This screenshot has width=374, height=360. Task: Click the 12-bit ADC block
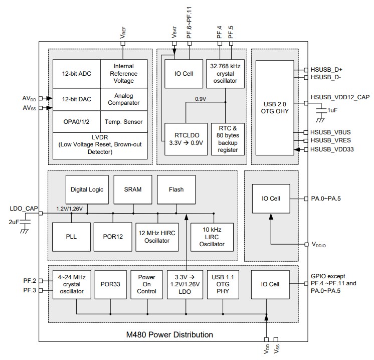[x=76, y=74]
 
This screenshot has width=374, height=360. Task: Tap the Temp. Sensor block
[x=124, y=122]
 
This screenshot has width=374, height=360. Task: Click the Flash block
[x=176, y=190]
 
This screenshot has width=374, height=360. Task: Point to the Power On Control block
[x=146, y=284]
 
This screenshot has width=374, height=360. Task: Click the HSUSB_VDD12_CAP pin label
[x=339, y=97]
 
